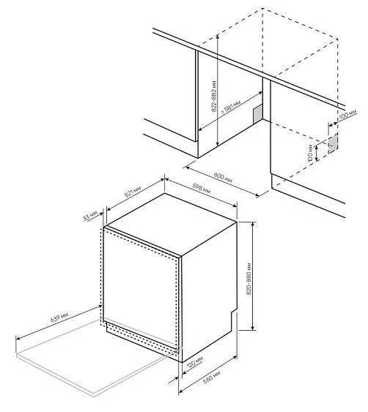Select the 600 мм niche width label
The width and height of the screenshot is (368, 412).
point(224,178)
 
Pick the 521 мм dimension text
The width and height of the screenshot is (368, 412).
point(133,193)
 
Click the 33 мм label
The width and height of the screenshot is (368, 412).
point(90,217)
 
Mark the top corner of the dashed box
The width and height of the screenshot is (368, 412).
point(262,10)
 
